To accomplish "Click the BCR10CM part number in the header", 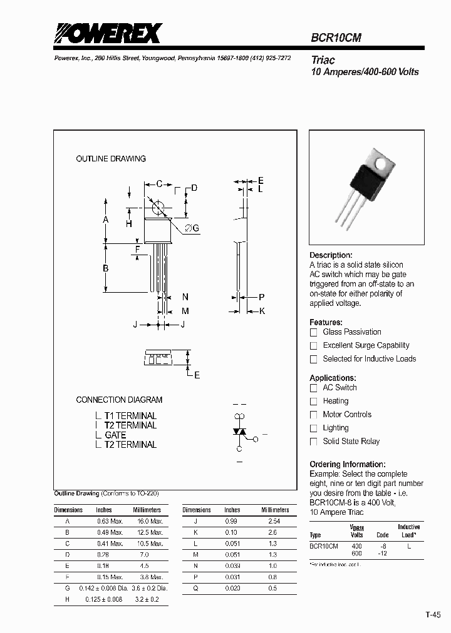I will pyautogui.click(x=336, y=38).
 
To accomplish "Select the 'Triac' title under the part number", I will pyautogui.click(x=323, y=60).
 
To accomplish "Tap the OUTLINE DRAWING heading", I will pyautogui.click(x=111, y=159).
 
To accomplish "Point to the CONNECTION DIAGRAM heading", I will pyautogui.click(x=119, y=400).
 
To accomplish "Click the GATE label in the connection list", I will pyautogui.click(x=115, y=435).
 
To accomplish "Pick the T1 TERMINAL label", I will pyautogui.click(x=130, y=415).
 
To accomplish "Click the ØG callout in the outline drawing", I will pyautogui.click(x=192, y=229).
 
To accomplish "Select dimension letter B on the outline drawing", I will pyautogui.click(x=106, y=268).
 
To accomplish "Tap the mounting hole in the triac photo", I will pyautogui.click(x=380, y=163).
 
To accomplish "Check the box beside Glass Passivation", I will pyautogui.click(x=314, y=332).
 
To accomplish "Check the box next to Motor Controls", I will pyautogui.click(x=314, y=415).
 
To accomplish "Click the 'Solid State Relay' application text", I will pyautogui.click(x=351, y=442).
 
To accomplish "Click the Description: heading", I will pyautogui.click(x=331, y=255).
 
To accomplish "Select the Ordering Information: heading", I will pyautogui.click(x=347, y=464).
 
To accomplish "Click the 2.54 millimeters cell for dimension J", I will pyautogui.click(x=274, y=521).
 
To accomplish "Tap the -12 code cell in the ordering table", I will pyautogui.click(x=382, y=554).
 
